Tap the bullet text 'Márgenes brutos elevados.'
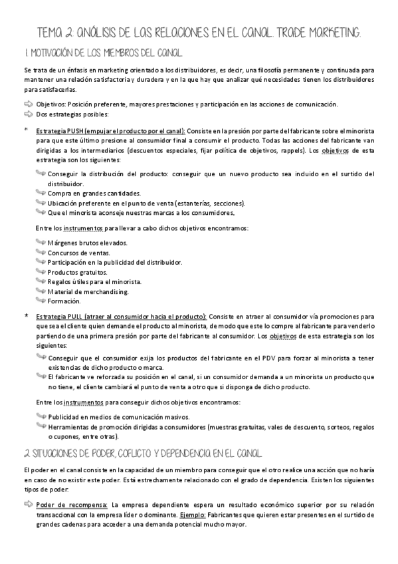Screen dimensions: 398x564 pyautogui.click(x=87, y=243)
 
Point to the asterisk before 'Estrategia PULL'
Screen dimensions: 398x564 pyautogui.click(x=26, y=316)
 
